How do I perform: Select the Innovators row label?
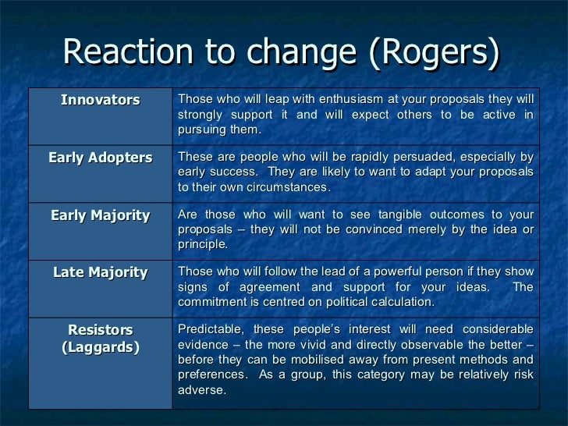click(100, 100)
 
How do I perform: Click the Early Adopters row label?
click(100, 158)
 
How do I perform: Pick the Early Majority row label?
click(100, 215)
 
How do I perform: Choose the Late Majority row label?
click(100, 272)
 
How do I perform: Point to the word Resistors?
click(100, 330)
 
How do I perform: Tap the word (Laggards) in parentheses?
click(100, 347)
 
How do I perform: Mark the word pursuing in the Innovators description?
click(201, 129)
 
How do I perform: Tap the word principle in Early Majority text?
click(202, 243)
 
